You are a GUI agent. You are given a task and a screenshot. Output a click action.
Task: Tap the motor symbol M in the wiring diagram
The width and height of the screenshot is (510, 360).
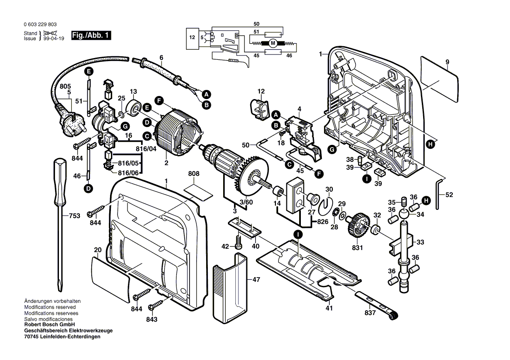[273, 43]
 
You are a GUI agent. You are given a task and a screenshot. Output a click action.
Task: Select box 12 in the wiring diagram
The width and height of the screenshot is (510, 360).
[192, 38]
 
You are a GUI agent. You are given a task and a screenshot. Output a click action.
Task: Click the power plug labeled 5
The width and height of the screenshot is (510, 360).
[72, 124]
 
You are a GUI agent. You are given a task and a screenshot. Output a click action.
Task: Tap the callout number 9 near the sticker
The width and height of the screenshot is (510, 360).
[447, 62]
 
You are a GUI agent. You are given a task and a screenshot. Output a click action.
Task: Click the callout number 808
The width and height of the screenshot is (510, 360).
[193, 174]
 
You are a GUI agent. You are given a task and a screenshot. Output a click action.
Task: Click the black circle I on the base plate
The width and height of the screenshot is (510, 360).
[298, 234]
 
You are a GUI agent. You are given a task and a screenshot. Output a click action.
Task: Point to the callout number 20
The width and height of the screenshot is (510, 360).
[97, 250]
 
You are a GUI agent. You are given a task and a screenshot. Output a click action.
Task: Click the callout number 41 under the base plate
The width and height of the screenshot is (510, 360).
[329, 308]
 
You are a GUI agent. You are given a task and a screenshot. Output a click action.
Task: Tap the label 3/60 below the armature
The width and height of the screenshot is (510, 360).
[246, 202]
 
